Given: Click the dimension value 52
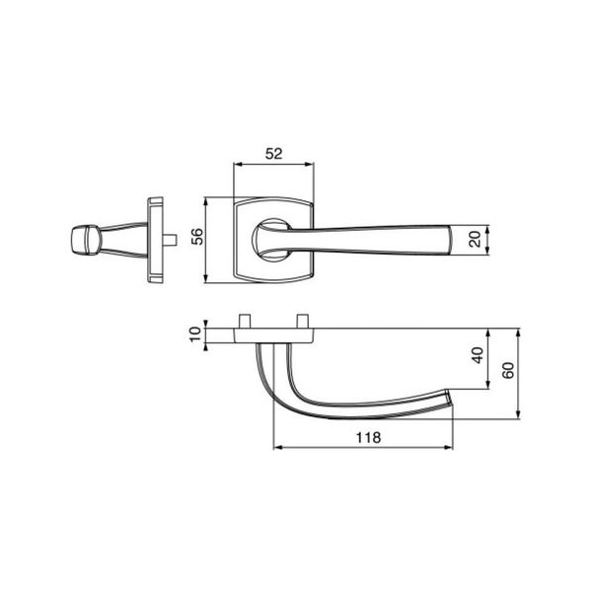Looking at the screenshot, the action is [273, 154].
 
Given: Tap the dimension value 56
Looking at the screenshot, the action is [197, 237].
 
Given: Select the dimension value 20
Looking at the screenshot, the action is [475, 239].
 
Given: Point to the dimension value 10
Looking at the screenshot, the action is [195, 334].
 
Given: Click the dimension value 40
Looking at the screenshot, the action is [478, 355].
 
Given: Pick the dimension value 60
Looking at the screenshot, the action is [508, 370].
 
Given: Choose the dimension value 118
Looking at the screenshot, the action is [368, 438].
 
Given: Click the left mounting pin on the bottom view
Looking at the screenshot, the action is [245, 322].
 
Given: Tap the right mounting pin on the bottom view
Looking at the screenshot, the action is [303, 322].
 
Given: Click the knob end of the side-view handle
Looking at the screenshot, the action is [85, 240].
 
